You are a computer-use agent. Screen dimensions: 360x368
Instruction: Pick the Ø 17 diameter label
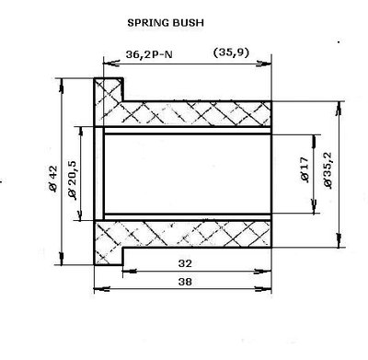coord(303,172)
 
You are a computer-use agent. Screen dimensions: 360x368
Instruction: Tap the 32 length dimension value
coord(188,263)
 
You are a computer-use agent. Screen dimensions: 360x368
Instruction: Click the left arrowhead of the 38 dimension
coord(98,291)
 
